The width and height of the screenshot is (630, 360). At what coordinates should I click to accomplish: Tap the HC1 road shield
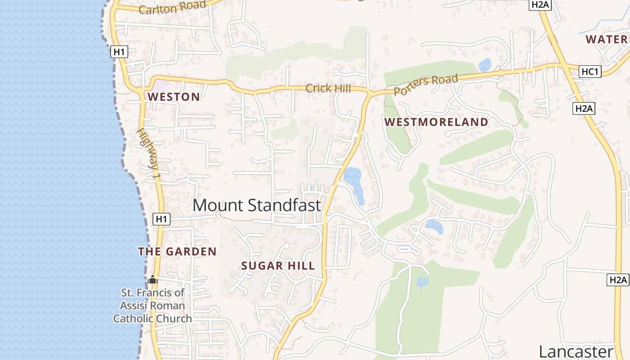[590, 72]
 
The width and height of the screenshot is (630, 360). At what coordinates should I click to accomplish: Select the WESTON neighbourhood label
[174, 97]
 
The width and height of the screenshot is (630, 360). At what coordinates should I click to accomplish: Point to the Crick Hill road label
[328, 88]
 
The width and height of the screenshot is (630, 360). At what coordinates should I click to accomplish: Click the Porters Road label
[426, 84]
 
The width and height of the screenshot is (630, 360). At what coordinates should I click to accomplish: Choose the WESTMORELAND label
[436, 122]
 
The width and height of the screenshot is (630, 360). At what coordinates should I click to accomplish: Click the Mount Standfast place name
[256, 205]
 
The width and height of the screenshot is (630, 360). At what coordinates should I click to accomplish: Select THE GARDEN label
[177, 252]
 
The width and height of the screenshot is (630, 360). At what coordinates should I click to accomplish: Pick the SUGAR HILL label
[278, 266]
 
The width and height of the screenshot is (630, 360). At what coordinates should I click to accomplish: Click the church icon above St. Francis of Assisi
[153, 280]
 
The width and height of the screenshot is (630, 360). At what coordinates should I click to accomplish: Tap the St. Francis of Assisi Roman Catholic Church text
[153, 306]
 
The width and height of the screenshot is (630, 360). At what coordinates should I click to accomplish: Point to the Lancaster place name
[576, 351]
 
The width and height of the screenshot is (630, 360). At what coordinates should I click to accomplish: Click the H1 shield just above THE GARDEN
[162, 219]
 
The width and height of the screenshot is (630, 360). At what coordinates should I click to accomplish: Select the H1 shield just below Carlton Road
[119, 52]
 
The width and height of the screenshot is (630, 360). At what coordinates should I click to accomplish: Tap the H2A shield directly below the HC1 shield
[584, 108]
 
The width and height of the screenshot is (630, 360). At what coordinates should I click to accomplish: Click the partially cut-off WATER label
[606, 39]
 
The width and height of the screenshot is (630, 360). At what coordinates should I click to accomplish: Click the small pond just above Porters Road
[485, 65]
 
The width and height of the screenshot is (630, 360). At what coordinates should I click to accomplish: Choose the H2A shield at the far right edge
[618, 279]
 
